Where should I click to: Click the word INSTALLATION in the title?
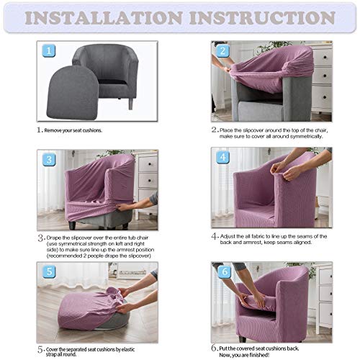(x=104, y=18)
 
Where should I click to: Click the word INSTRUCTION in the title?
(x=262, y=18)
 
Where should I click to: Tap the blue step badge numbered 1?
(x=49, y=51)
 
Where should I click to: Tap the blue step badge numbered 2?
(x=223, y=51)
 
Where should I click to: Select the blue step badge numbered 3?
(x=49, y=160)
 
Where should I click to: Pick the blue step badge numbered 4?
(x=223, y=157)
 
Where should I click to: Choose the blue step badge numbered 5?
(x=49, y=271)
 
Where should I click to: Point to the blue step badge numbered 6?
(x=225, y=271)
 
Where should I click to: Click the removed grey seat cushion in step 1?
(x=72, y=92)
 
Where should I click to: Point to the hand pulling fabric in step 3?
(x=125, y=207)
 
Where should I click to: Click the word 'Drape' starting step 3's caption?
(x=54, y=238)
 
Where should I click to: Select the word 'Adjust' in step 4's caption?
(x=228, y=236)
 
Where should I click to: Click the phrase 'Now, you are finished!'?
(x=244, y=355)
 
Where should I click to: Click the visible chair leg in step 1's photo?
(x=130, y=104)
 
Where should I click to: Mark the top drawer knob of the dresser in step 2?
(x=325, y=58)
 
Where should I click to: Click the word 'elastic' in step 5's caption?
(x=127, y=349)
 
